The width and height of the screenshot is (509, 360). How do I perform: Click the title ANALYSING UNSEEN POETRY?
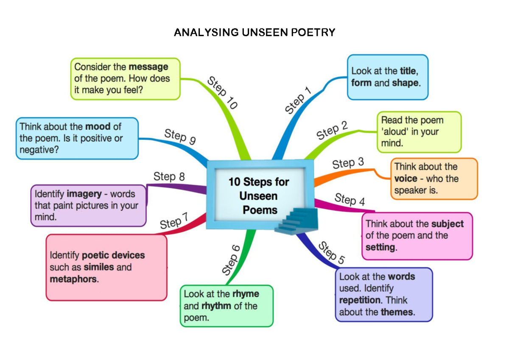(255, 33)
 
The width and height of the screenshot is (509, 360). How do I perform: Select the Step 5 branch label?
(331, 252)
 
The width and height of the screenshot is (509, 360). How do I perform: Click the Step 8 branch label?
(169, 176)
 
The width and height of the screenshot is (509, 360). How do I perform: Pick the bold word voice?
(406, 179)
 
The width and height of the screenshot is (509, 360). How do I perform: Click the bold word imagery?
(84, 194)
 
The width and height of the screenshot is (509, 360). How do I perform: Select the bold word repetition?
(360, 300)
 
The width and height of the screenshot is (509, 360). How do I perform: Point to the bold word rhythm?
(216, 306)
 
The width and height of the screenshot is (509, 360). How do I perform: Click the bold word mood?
(98, 126)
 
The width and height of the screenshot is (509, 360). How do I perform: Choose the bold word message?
(148, 67)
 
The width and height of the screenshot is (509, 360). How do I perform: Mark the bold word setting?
(380, 247)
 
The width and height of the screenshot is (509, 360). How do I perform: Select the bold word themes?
(397, 312)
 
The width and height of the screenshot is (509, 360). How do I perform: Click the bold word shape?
(405, 83)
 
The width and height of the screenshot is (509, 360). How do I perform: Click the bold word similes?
(99, 267)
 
